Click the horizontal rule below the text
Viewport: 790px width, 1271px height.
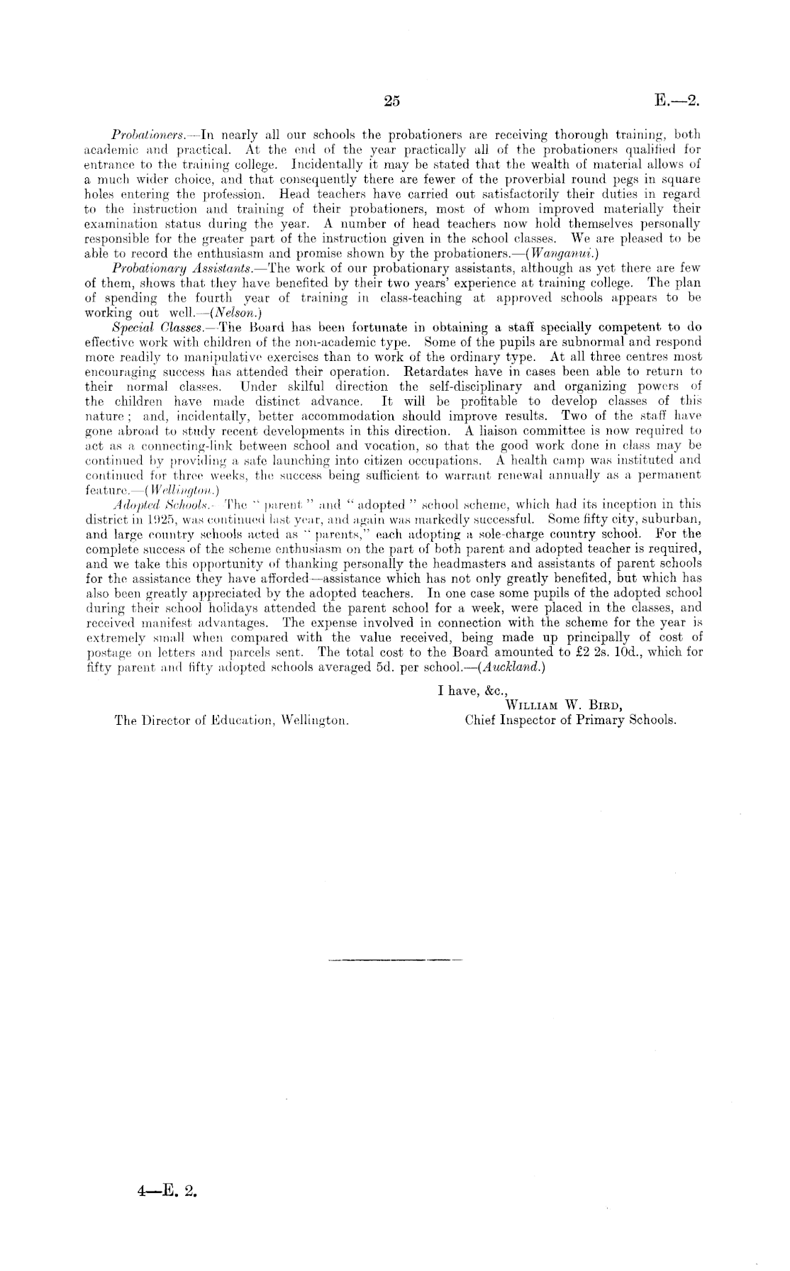[395, 960]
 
